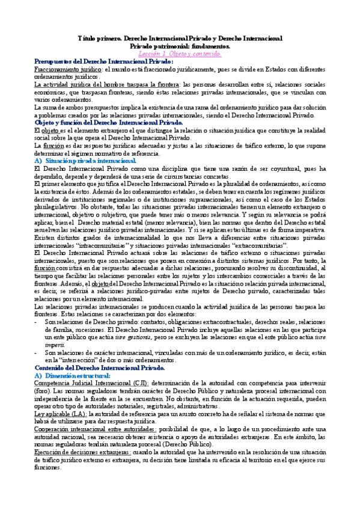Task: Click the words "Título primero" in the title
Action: click(x=99, y=38)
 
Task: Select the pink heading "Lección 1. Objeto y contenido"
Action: click(x=180, y=54)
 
